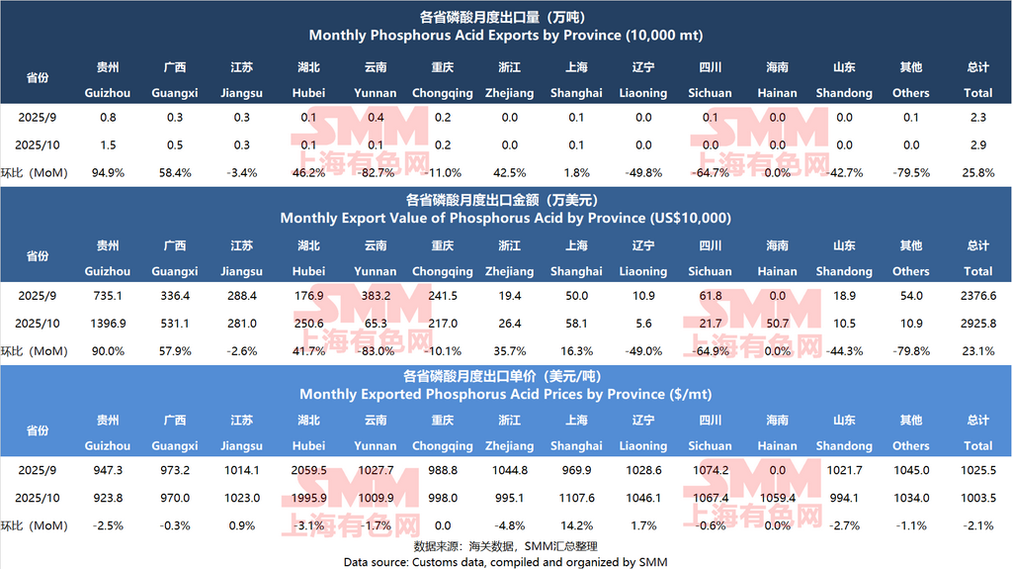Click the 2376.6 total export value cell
pyautogui.click(x=977, y=296)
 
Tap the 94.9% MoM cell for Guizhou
pyautogui.click(x=108, y=172)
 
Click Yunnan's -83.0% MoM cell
pyautogui.click(x=376, y=350)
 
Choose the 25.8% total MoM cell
pyautogui.click(x=977, y=172)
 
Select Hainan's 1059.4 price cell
pyautogui.click(x=777, y=498)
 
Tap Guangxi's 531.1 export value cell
pyautogui.click(x=175, y=323)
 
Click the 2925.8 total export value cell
pyautogui.click(x=977, y=323)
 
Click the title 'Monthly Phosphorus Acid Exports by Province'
pyautogui.click(x=506, y=35)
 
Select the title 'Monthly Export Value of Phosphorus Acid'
pyautogui.click(x=506, y=218)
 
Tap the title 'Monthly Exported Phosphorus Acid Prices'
pyautogui.click(x=506, y=394)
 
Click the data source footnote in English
pyautogui.click(x=506, y=561)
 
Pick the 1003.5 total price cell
pyautogui.click(x=977, y=498)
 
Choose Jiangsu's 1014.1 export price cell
pyautogui.click(x=242, y=471)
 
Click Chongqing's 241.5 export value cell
pyautogui.click(x=442, y=296)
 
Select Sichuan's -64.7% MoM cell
pyautogui.click(x=710, y=172)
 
